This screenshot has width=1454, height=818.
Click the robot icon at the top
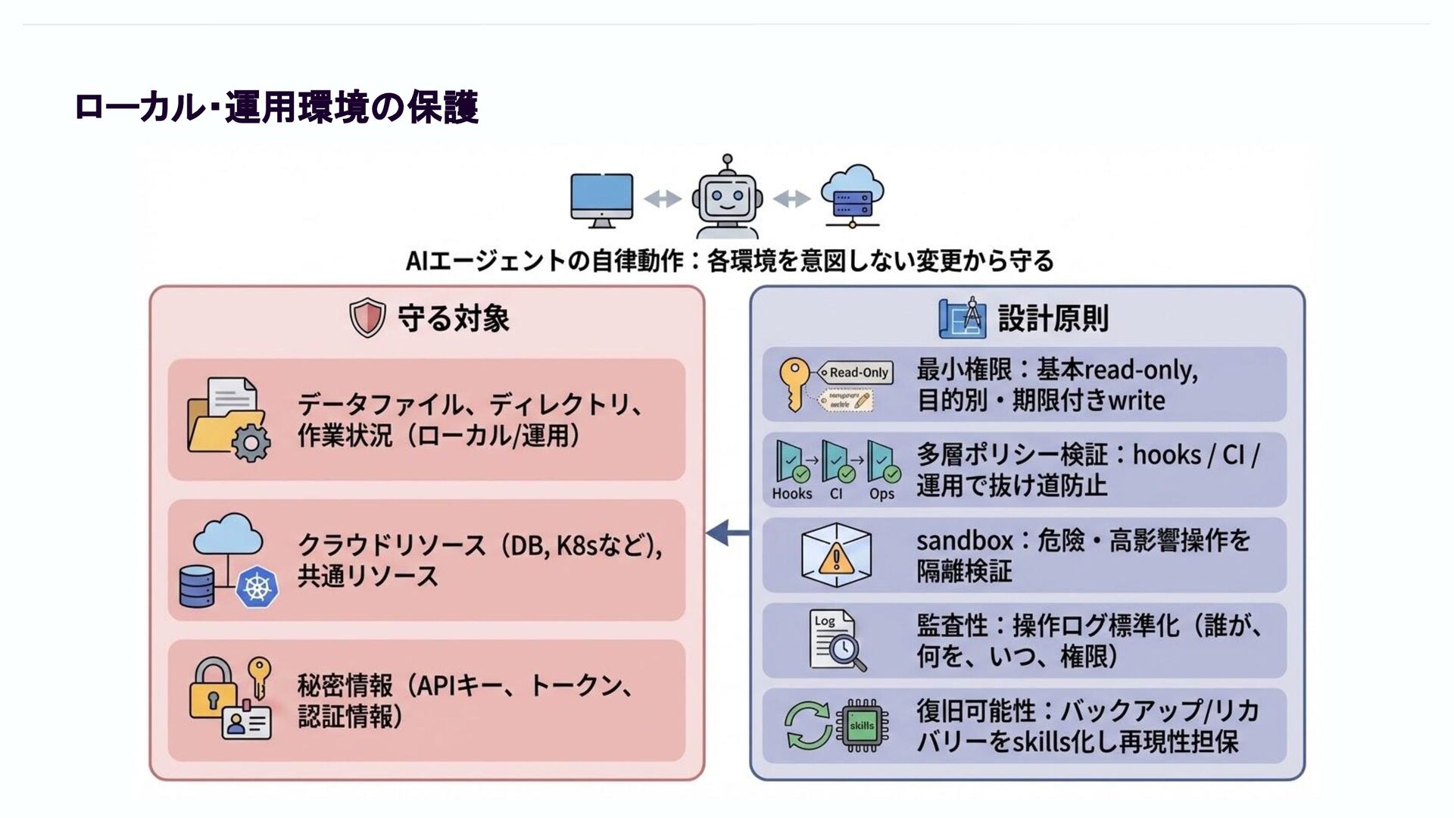(x=728, y=199)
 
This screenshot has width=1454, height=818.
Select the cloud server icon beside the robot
(x=853, y=196)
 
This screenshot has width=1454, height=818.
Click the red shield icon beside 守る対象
(x=367, y=318)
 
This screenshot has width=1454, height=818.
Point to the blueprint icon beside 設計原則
(x=963, y=318)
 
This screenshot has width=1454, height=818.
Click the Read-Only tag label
(x=856, y=373)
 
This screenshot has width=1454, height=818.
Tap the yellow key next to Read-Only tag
(x=794, y=383)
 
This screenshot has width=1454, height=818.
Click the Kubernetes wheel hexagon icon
(x=257, y=589)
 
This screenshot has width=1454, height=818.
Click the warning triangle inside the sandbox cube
(x=836, y=559)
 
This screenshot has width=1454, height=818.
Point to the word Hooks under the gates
(x=792, y=494)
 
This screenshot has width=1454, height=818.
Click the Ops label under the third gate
(x=881, y=494)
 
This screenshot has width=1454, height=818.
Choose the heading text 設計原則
(x=1053, y=318)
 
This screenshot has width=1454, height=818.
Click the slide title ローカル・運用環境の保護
(x=276, y=108)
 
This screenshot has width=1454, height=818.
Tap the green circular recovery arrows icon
(x=807, y=726)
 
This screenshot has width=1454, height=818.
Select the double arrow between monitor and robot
(x=663, y=199)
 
